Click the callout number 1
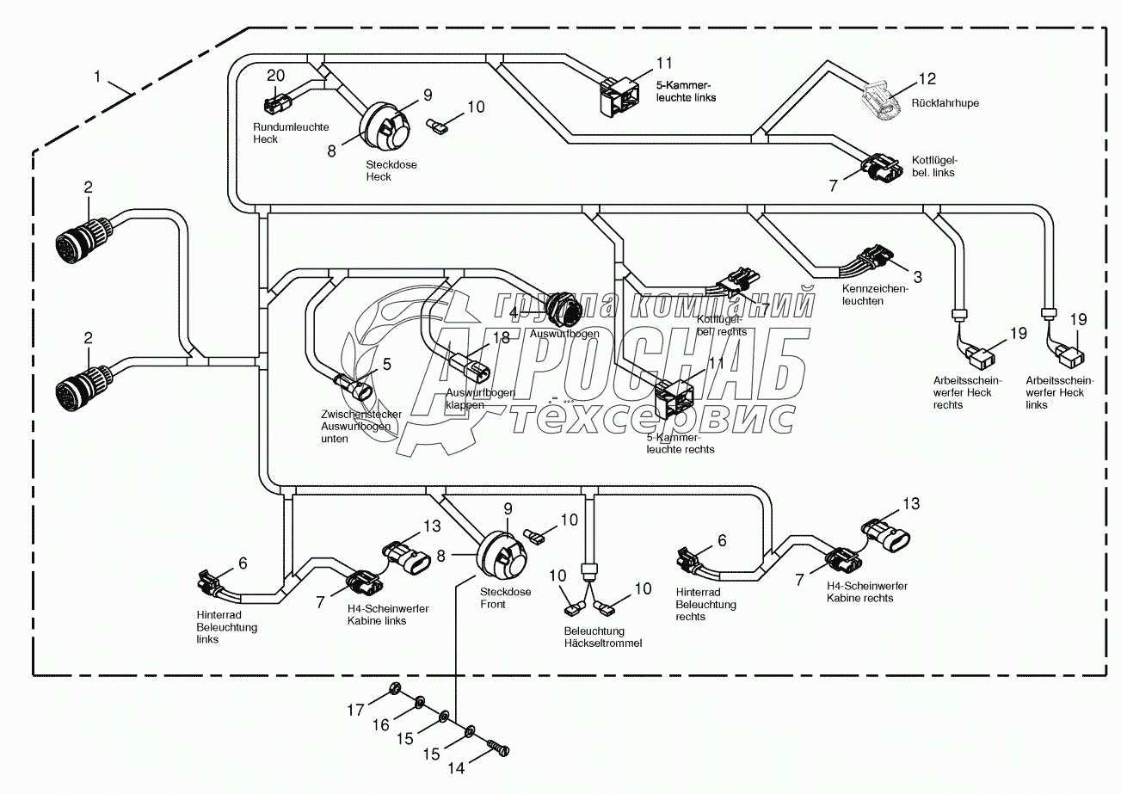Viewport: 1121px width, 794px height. point(98,78)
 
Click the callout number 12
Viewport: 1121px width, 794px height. point(926,80)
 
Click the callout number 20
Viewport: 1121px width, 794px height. point(274,74)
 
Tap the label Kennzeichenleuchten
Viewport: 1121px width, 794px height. point(876,295)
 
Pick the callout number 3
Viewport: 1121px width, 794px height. point(917,277)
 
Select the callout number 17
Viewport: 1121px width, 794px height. point(356,710)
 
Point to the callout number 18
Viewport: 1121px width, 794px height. point(502,338)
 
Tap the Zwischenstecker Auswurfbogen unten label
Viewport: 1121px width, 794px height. point(356,427)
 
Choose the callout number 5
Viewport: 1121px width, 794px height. point(387,364)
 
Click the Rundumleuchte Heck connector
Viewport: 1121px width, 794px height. point(274,105)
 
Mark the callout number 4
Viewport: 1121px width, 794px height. point(513,312)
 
